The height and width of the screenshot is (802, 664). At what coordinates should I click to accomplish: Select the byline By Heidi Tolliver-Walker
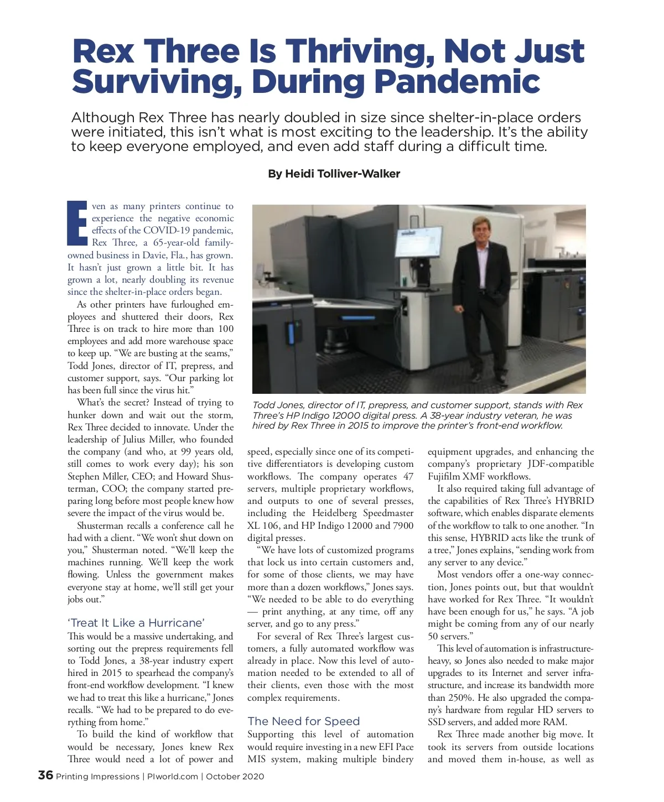point(334,174)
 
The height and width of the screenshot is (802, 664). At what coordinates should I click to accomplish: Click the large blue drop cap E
point(77,223)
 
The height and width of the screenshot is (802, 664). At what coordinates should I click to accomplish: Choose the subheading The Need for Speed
point(303,721)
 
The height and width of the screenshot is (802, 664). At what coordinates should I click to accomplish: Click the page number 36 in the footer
point(45,775)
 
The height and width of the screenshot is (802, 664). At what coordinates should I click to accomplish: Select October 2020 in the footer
point(235,777)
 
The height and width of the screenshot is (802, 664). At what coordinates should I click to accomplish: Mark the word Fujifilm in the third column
point(445,476)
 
